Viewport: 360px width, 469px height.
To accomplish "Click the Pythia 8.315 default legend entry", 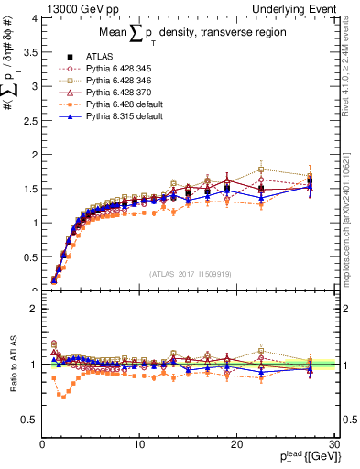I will click(x=125, y=117).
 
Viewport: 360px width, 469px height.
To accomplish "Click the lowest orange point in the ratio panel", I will click(x=62, y=397).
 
